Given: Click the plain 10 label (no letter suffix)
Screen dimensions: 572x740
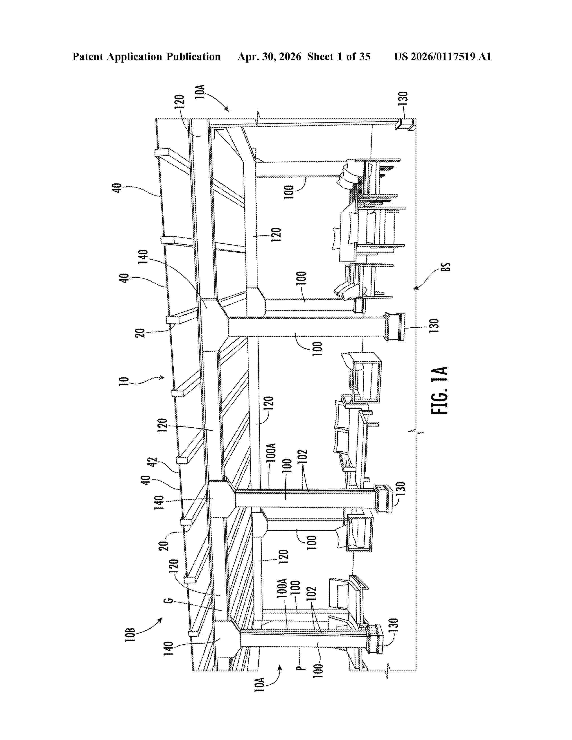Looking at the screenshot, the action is coord(124,381).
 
